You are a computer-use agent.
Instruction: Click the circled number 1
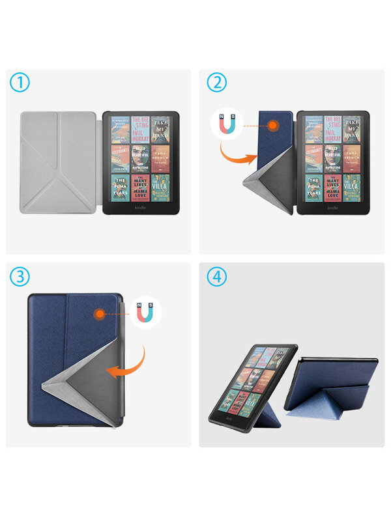click(21, 83)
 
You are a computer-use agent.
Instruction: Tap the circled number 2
click(217, 83)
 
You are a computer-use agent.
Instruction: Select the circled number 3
click(21, 277)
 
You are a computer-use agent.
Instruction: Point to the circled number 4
click(217, 277)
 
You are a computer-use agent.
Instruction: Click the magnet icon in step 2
click(226, 125)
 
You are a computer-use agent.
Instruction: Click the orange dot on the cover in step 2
click(275, 124)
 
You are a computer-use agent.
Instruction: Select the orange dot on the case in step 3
click(100, 314)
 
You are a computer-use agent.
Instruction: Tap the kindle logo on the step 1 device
click(141, 208)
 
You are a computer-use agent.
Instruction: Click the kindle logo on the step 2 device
click(333, 208)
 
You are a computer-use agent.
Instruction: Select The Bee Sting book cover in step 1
click(140, 130)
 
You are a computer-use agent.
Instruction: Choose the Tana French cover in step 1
click(160, 158)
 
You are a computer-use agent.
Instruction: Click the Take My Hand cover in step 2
click(353, 130)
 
